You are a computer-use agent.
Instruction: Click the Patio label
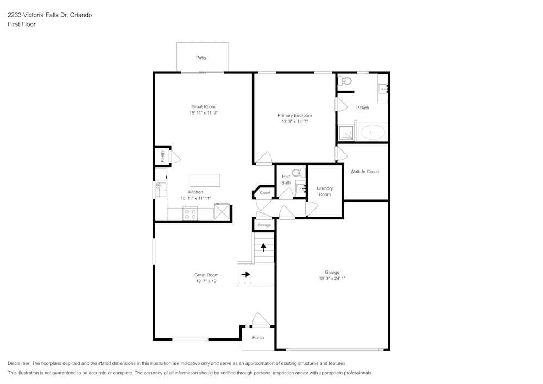tap(201, 58)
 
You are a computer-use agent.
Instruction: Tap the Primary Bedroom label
tap(294, 115)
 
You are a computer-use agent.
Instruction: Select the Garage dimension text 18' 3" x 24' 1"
tap(332, 279)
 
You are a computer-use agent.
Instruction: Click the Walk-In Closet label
tap(364, 172)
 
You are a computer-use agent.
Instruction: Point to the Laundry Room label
tap(325, 191)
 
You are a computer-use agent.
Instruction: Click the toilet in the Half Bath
tap(297, 173)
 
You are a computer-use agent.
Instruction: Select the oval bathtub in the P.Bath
tap(372, 132)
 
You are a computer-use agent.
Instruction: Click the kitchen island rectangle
tap(205, 180)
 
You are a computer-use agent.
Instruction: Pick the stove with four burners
tap(190, 213)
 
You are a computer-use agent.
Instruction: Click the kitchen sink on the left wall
tap(161, 190)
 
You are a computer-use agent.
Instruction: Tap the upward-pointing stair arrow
tap(264, 248)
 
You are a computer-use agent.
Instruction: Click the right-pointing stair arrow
tap(245, 274)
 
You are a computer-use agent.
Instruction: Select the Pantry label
tap(162, 156)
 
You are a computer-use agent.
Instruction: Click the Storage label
tap(264, 225)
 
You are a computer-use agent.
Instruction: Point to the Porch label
tap(258, 338)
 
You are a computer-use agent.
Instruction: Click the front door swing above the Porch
tap(261, 320)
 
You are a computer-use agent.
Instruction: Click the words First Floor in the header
tap(22, 24)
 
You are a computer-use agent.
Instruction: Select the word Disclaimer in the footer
tap(19, 363)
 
